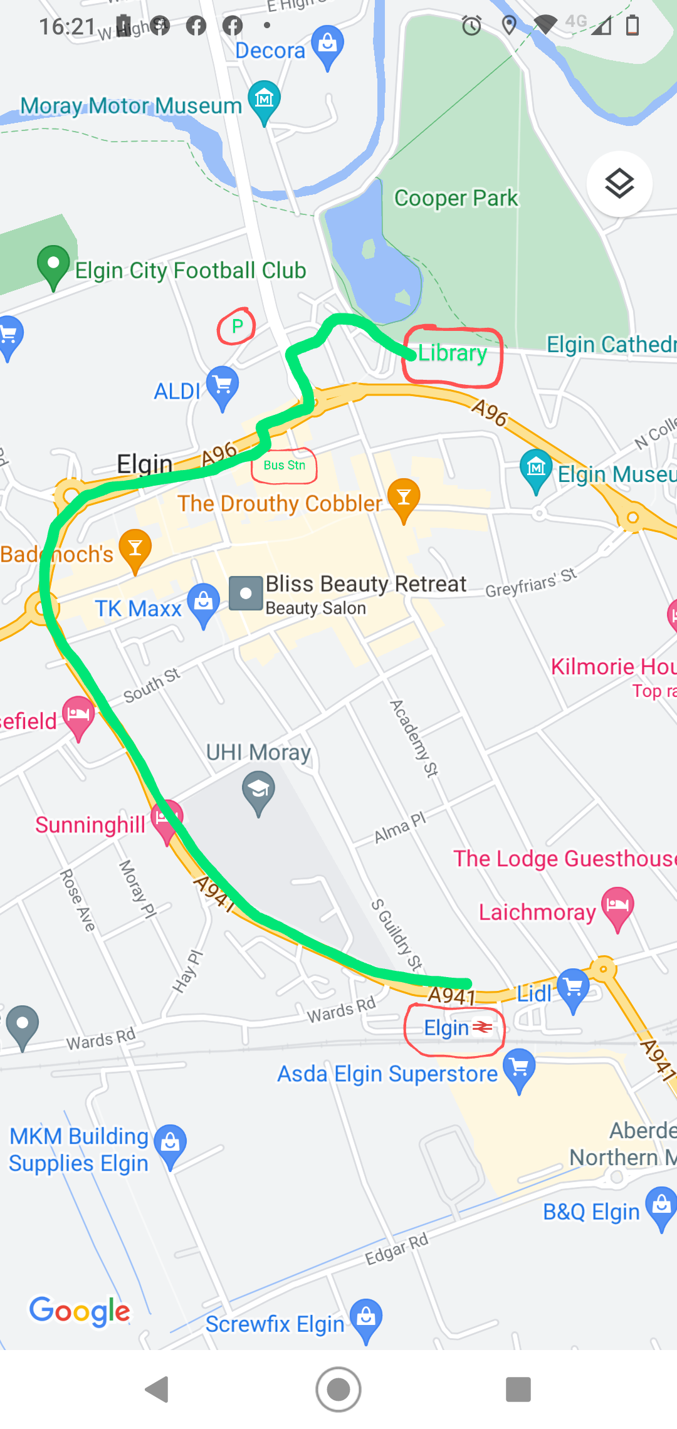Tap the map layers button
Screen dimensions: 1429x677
click(619, 184)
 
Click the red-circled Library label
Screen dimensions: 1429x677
click(453, 353)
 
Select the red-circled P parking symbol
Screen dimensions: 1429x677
click(237, 326)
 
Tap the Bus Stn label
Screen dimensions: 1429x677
click(284, 466)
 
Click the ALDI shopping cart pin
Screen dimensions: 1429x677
click(223, 385)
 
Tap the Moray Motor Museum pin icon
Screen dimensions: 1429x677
click(264, 99)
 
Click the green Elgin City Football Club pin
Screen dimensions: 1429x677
click(53, 264)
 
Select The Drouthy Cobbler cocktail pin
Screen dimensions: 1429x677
click(404, 498)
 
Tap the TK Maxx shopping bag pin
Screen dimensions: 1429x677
click(204, 603)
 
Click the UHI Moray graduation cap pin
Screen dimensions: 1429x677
click(258, 791)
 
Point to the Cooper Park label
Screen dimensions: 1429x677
click(456, 198)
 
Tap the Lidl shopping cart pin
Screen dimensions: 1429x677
click(574, 988)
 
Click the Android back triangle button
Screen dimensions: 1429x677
click(157, 1390)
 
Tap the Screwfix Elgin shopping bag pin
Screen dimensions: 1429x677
click(366, 1318)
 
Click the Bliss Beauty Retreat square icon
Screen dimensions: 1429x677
click(246, 593)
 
